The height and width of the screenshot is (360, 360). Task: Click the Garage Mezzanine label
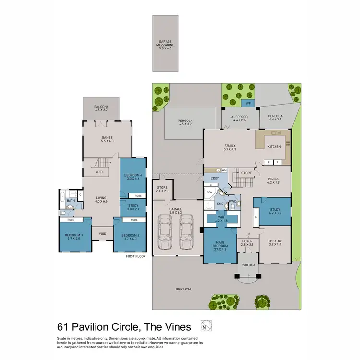(165, 45)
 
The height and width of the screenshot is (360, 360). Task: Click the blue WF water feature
(248, 103)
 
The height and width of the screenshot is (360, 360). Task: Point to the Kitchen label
(274, 147)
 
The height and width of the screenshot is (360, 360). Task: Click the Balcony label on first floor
(101, 108)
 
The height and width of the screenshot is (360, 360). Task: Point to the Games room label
(100, 139)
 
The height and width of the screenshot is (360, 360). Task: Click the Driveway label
(183, 289)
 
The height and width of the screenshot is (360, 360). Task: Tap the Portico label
(248, 264)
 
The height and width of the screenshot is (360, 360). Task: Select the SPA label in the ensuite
(209, 192)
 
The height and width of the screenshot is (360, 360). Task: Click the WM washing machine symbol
(224, 170)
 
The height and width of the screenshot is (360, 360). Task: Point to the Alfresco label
(239, 118)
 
